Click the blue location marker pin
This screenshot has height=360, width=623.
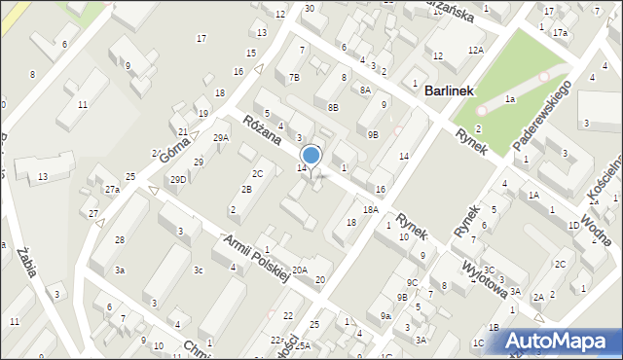(311, 156)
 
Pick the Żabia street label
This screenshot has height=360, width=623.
(26, 263)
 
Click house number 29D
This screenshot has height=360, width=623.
(178, 180)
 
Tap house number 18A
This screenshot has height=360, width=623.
(370, 209)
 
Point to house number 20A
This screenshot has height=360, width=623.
(300, 271)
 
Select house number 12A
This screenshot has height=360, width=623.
(475, 50)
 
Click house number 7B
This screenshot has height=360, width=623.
(294, 76)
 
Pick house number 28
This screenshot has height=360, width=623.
(119, 239)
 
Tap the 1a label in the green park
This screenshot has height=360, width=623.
(509, 99)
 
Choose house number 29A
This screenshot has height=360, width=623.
(221, 138)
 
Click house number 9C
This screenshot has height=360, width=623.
(413, 282)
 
